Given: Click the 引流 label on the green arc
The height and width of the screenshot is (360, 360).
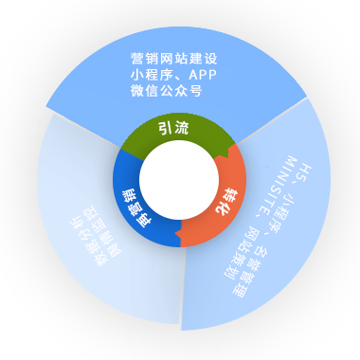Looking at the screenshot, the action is [171, 130].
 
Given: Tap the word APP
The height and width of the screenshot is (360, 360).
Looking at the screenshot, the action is [193, 75].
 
